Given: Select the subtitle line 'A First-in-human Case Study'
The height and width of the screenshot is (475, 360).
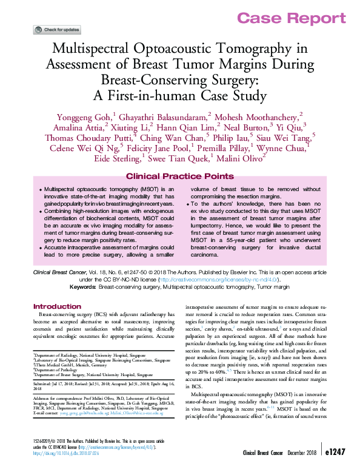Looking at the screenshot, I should pos(180,95).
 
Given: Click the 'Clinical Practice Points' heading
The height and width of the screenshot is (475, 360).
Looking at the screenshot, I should pos(179,177).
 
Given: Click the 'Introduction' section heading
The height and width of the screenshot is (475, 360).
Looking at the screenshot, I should pos(57,306).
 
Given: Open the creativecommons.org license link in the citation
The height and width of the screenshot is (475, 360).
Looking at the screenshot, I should pos(227,280).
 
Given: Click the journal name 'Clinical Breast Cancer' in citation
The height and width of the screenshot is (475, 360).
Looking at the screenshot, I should pos(63,274).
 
